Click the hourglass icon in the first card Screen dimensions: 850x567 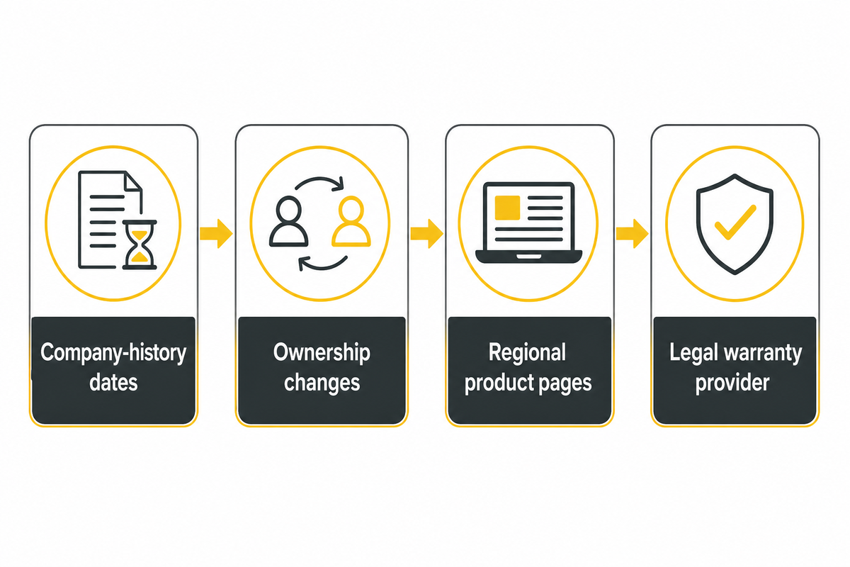pyautogui.click(x=140, y=245)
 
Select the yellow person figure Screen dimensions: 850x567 pyautogui.click(x=351, y=221)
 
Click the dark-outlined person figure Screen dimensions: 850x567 pyautogui.click(x=289, y=221)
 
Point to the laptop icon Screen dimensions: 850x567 pyautogui.click(x=528, y=223)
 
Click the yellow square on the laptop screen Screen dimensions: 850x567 pyautogui.click(x=507, y=208)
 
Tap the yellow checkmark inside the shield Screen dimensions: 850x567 pyautogui.click(x=735, y=222)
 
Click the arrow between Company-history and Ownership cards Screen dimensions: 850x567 pyautogui.click(x=216, y=234)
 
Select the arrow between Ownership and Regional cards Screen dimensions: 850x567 pyautogui.click(x=426, y=234)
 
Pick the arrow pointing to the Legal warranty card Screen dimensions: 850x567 pyautogui.click(x=632, y=234)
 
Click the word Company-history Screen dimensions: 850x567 pyautogui.click(x=113, y=353)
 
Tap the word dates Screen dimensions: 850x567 pyautogui.click(x=113, y=382)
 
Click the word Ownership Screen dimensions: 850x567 pyautogui.click(x=322, y=353)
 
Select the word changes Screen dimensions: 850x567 pyautogui.click(x=322, y=383)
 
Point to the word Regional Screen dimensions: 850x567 pyautogui.click(x=527, y=353)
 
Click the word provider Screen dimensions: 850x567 pyautogui.click(x=732, y=383)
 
